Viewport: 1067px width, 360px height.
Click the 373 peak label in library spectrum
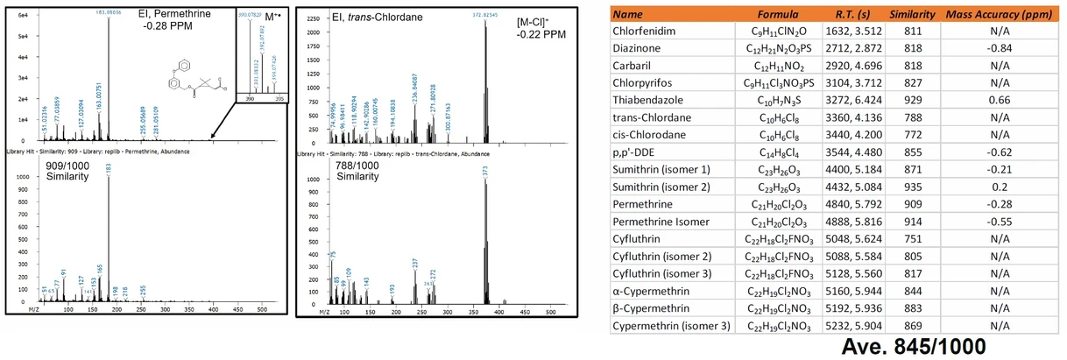[x=484, y=169]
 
